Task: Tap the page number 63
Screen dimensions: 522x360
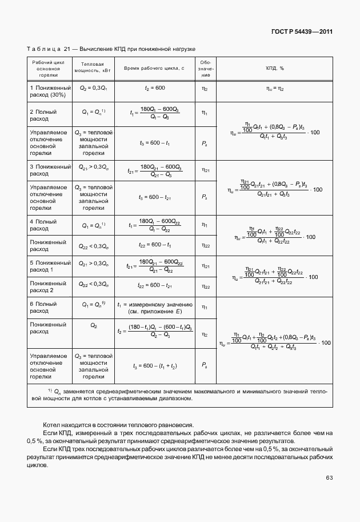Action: point(329,477)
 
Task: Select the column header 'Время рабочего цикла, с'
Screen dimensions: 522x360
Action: point(154,68)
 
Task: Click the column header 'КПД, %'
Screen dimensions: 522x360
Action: point(275,68)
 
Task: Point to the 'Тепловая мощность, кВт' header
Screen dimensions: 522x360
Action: point(94,67)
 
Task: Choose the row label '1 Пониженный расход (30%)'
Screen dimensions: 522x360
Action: point(50,91)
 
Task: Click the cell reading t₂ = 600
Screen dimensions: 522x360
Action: point(154,88)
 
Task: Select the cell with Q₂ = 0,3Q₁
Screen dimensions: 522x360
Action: point(94,88)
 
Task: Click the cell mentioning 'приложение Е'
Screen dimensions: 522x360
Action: point(154,312)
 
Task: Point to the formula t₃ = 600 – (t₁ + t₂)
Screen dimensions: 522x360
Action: point(154,366)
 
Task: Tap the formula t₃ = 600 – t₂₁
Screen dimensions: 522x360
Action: point(154,197)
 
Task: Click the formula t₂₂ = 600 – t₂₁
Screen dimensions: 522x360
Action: point(154,286)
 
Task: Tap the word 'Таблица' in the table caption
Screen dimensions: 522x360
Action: point(43,50)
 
